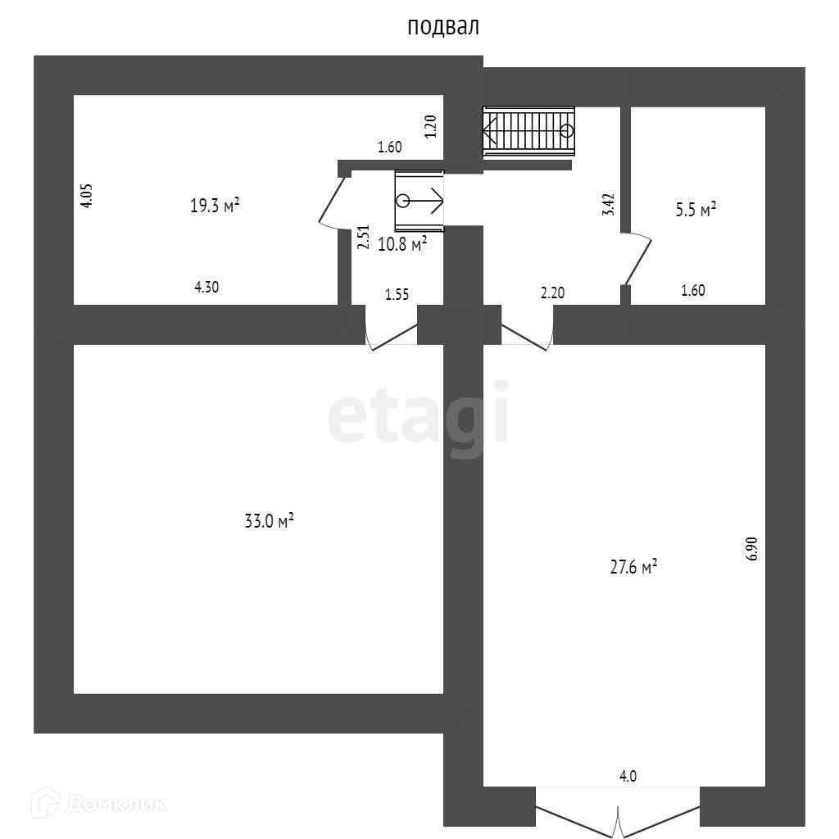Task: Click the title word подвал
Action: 443,27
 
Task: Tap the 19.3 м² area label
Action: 215,206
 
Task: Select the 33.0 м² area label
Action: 270,521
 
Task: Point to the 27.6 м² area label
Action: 634,567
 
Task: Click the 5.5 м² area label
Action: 696,209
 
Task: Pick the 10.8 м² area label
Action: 401,243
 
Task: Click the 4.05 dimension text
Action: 88,196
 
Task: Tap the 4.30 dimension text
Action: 206,287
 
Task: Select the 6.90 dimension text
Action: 753,548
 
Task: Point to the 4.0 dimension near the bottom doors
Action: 628,776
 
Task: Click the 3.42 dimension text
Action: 608,203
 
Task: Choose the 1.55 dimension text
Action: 397,294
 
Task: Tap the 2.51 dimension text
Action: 361,238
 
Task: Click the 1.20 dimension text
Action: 431,126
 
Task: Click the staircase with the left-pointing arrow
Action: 528,129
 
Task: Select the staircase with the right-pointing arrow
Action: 419,201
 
